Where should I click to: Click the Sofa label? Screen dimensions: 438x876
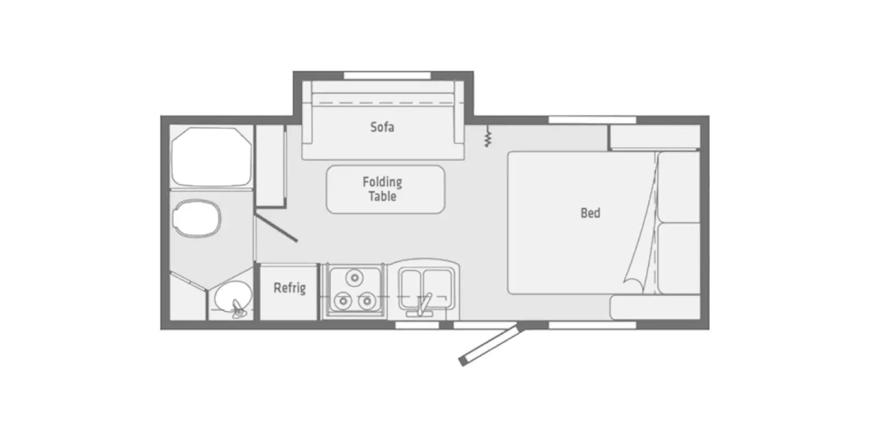click(382, 127)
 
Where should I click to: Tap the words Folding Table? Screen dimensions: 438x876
click(382, 189)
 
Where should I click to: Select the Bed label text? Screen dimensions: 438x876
click(590, 212)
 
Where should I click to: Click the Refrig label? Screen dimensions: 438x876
click(289, 287)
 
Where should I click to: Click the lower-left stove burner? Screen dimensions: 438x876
click(343, 300)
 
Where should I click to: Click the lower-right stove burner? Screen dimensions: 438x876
click(366, 300)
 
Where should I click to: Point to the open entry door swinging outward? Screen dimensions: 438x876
click(489, 345)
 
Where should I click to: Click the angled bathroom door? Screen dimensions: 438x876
click(276, 228)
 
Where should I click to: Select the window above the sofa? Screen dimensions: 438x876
click(387, 75)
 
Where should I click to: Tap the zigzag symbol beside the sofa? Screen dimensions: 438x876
click(487, 137)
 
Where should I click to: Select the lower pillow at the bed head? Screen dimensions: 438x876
click(678, 258)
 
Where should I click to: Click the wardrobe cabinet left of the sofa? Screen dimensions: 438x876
click(270, 165)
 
